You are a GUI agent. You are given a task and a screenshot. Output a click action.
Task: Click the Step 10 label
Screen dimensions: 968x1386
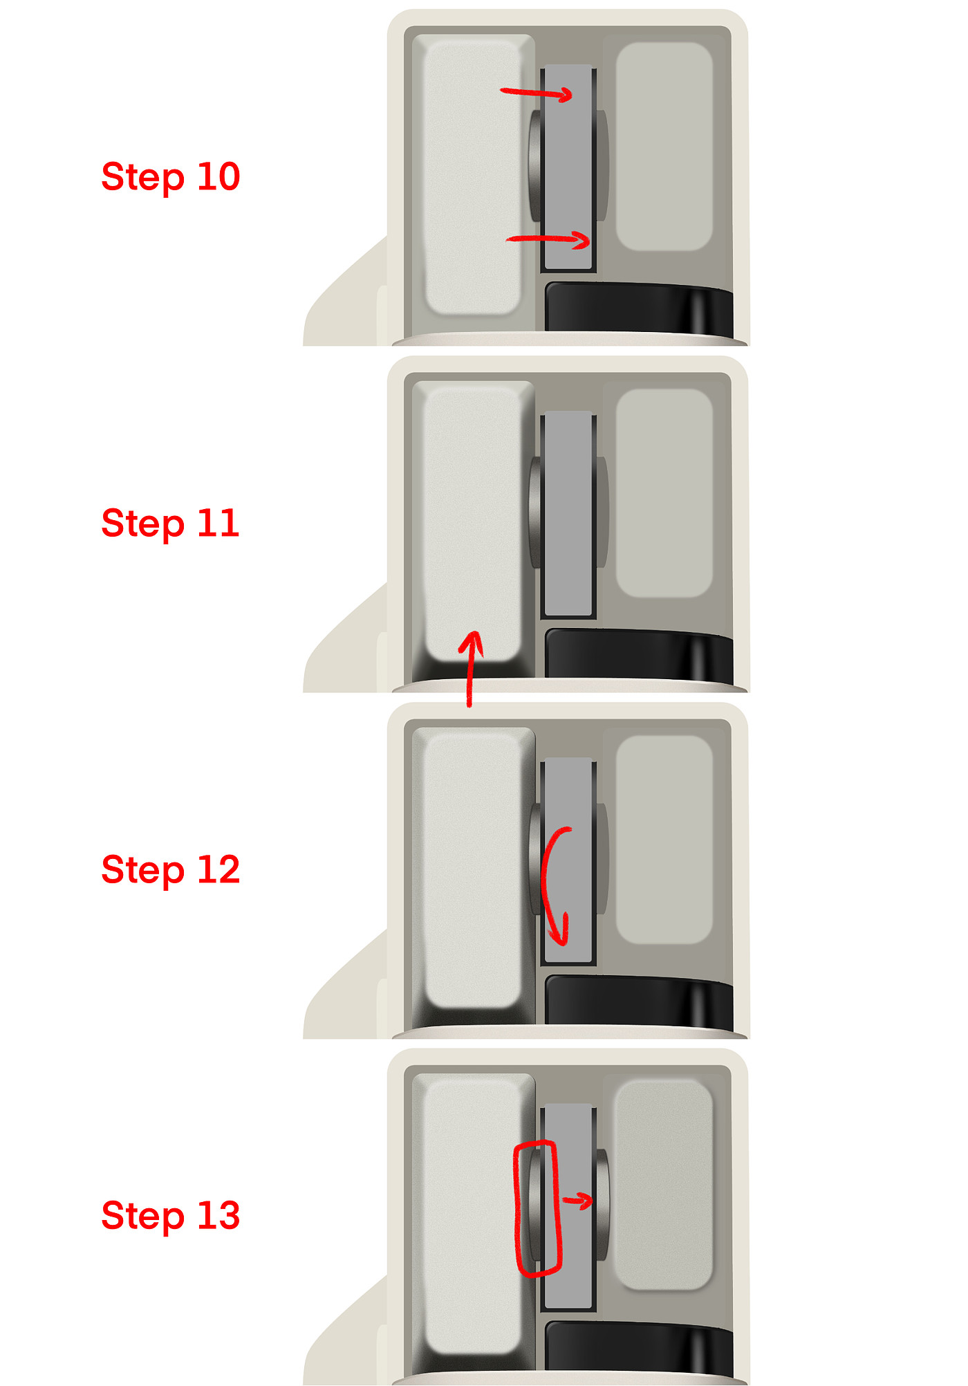tap(170, 177)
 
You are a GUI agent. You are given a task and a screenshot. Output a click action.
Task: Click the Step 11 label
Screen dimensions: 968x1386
tap(170, 524)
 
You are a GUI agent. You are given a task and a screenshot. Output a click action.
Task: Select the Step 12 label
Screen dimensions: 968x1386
tap(170, 870)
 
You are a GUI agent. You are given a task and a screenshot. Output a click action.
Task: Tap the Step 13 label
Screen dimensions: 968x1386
tap(170, 1217)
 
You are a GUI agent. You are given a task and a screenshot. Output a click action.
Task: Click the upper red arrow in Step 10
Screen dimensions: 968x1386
tap(537, 93)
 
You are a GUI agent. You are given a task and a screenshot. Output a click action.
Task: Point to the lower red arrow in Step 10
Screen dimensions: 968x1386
tap(548, 239)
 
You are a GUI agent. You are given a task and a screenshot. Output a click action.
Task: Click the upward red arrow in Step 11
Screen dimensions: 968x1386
tap(470, 668)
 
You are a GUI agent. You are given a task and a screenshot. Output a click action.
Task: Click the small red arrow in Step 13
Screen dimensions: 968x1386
tap(577, 1201)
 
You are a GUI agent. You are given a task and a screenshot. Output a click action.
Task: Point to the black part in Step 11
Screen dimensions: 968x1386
tap(639, 654)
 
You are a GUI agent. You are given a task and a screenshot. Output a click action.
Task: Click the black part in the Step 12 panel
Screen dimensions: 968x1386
tap(639, 1000)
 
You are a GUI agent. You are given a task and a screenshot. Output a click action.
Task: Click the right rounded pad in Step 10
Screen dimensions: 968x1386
tap(664, 147)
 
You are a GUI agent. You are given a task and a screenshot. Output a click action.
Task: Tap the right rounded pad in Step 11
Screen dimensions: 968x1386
tap(664, 493)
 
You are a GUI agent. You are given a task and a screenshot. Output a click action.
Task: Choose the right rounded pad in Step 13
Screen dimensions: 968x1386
tap(664, 1185)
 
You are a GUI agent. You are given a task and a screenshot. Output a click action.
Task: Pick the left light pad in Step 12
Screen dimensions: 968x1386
tap(473, 870)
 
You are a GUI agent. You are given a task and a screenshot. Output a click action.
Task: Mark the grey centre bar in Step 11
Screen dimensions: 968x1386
tap(568, 515)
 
